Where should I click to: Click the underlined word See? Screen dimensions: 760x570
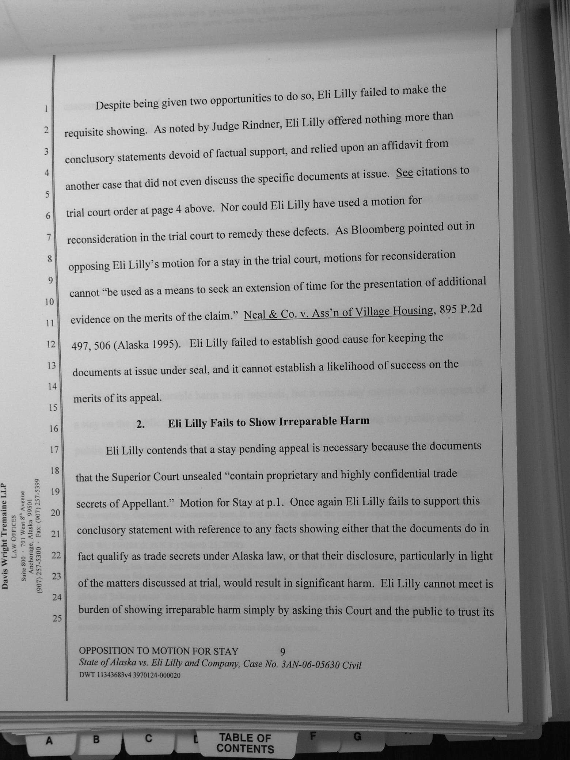(404, 173)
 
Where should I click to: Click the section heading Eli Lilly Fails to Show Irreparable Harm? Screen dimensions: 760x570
(269, 422)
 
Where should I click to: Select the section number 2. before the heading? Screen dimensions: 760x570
(141, 424)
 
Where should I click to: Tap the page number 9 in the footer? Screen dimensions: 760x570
(282, 651)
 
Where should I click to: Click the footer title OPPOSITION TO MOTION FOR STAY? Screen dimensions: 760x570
(159, 651)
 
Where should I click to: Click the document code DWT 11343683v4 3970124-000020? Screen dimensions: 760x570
(130, 675)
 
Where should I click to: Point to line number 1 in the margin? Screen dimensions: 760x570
(46, 109)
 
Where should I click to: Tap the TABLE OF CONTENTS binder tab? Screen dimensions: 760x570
(245, 744)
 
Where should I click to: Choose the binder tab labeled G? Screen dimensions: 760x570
(358, 737)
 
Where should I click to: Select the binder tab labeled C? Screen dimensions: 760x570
(148, 738)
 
